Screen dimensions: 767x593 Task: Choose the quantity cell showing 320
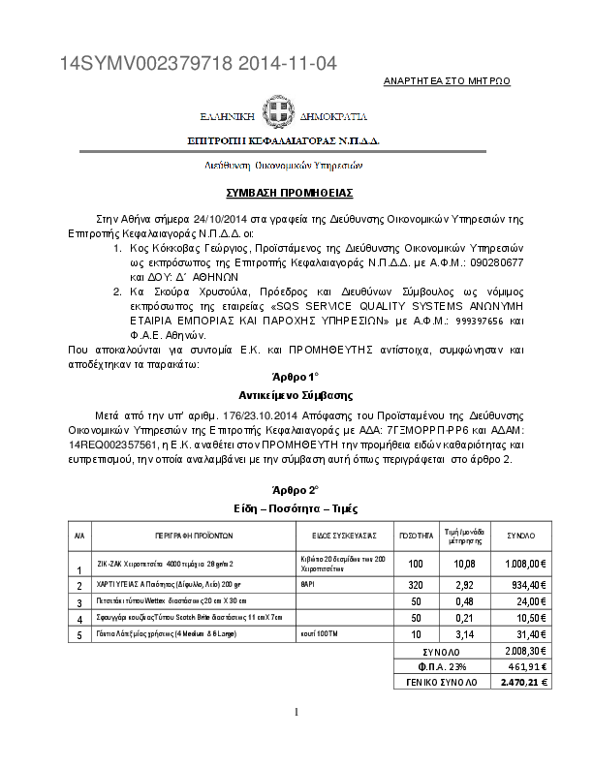click(x=417, y=586)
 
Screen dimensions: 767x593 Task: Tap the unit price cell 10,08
click(x=464, y=563)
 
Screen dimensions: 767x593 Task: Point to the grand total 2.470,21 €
click(x=525, y=682)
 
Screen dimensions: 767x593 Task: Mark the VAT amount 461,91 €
click(x=527, y=666)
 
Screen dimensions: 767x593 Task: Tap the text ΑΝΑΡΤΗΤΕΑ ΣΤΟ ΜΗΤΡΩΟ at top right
click(x=448, y=80)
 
